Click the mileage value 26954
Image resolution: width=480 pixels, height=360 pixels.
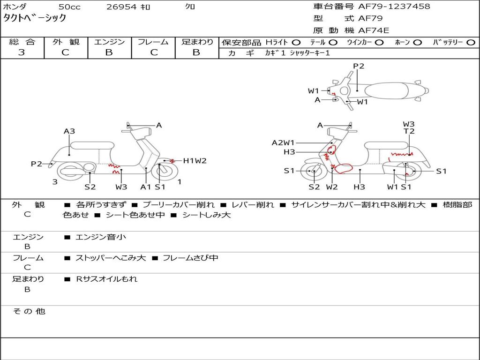[x=122, y=7]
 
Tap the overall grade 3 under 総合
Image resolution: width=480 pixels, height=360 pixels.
[x=22, y=52]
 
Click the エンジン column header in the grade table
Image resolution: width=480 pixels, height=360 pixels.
[x=109, y=42]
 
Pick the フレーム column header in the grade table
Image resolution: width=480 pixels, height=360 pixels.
[x=153, y=42]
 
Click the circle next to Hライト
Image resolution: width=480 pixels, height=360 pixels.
[x=296, y=42]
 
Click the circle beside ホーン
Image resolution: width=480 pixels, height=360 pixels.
[x=417, y=42]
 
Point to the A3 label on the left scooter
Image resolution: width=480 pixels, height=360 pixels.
[x=69, y=132]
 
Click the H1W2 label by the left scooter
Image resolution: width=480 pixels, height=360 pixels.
[x=195, y=161]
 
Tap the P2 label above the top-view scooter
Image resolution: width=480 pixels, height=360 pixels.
[x=359, y=66]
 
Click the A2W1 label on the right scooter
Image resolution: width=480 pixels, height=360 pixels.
[x=283, y=142]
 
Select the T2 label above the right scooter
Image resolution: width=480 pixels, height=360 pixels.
[x=409, y=132]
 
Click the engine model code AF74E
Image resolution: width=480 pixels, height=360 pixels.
[x=374, y=30]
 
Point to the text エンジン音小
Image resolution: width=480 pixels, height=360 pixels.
[x=101, y=237]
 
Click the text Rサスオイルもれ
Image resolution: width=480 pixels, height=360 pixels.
[x=107, y=279]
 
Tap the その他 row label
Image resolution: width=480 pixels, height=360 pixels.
[x=29, y=311]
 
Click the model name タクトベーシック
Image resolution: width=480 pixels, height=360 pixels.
[x=35, y=18]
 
